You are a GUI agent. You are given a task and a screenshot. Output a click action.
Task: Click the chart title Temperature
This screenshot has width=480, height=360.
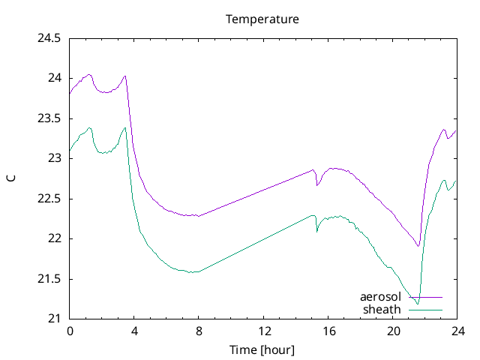[262, 19]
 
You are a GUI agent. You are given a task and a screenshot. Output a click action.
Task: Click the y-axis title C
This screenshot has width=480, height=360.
[10, 178]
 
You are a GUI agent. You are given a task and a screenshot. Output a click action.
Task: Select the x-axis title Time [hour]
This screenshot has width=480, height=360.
[262, 349]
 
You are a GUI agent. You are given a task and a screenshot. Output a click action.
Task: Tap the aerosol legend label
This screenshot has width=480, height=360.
[380, 298]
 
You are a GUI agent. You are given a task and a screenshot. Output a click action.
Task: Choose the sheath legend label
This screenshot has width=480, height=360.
[382, 310]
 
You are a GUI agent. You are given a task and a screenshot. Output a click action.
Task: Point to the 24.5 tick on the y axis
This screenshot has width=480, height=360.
[49, 38]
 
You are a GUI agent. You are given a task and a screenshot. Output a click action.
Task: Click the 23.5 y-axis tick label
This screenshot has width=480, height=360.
[49, 118]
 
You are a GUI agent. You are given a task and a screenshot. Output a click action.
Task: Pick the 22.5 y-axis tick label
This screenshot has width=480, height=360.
[49, 199]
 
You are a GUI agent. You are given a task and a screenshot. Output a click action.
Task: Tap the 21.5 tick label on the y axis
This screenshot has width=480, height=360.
[49, 279]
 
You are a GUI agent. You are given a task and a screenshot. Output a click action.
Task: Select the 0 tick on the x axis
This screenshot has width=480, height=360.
[70, 331]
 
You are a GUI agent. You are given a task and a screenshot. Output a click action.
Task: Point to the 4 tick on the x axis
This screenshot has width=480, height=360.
[134, 331]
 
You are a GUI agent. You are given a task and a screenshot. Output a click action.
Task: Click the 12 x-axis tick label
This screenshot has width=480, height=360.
[263, 331]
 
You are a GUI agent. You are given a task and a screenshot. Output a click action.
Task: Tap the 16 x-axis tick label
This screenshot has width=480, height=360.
[328, 331]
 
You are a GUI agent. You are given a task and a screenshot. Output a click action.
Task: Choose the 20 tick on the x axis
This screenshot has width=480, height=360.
[392, 331]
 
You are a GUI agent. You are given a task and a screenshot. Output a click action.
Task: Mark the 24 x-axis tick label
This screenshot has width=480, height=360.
[457, 331]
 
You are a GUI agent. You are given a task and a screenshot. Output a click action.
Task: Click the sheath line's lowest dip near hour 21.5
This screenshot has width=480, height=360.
[418, 304]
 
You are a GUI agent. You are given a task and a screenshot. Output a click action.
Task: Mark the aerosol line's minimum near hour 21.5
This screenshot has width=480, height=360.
[418, 246]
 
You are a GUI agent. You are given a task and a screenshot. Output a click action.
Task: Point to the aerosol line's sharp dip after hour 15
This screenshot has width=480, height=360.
[316, 185]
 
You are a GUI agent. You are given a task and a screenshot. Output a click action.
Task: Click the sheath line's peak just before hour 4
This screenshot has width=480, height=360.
[125, 127]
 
